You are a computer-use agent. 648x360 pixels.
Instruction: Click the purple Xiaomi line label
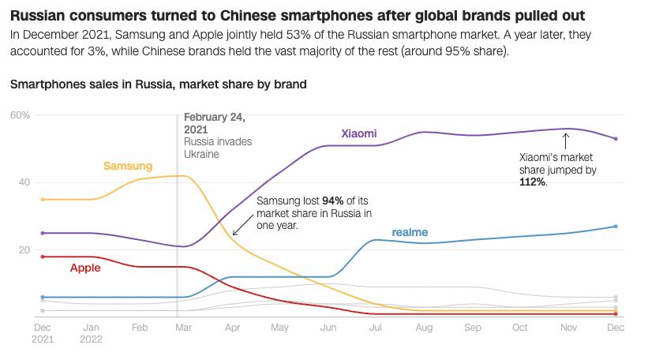pos(359,134)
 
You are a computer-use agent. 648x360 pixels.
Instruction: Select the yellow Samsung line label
pos(128,166)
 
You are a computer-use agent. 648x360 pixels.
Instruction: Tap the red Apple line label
pos(85,268)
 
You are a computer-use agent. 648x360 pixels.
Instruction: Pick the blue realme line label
pos(410,232)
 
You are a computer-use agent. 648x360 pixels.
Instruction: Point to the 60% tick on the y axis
pos(20,115)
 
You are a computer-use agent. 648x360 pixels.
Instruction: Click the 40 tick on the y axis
pos(24,182)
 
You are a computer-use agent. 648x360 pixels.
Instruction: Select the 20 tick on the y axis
pos(24,250)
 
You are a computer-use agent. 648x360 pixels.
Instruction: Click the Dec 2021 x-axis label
pos(43,332)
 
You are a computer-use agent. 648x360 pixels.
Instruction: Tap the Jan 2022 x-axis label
pos(92,332)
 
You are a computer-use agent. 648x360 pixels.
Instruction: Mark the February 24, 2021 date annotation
pos(215,123)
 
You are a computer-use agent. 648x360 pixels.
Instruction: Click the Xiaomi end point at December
pos(616,139)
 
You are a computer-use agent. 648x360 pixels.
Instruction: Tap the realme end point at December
pos(616,227)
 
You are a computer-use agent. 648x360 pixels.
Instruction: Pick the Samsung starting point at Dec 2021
pos(43,200)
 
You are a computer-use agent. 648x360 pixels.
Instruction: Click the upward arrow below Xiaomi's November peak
pos(565,141)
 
